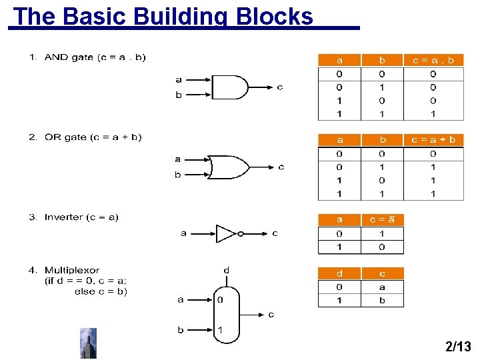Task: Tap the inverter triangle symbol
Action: click(x=226, y=234)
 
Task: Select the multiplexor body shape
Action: click(x=225, y=315)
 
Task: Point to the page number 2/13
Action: click(x=457, y=346)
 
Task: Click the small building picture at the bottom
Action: click(x=88, y=343)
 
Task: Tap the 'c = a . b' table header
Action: click(x=433, y=60)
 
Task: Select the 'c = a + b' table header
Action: click(x=433, y=140)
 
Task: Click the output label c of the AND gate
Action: click(x=279, y=87)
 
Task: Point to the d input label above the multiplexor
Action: click(x=226, y=270)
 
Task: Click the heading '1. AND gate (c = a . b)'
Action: click(x=87, y=57)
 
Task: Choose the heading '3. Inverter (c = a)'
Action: click(x=73, y=217)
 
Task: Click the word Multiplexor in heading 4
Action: click(x=72, y=270)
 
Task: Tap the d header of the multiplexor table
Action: click(x=339, y=273)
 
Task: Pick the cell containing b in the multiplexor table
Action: click(x=382, y=300)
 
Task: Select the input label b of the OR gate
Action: click(x=177, y=175)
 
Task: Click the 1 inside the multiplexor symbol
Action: click(x=219, y=329)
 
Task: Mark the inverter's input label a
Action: click(x=183, y=233)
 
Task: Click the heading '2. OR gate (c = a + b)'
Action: click(x=85, y=137)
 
